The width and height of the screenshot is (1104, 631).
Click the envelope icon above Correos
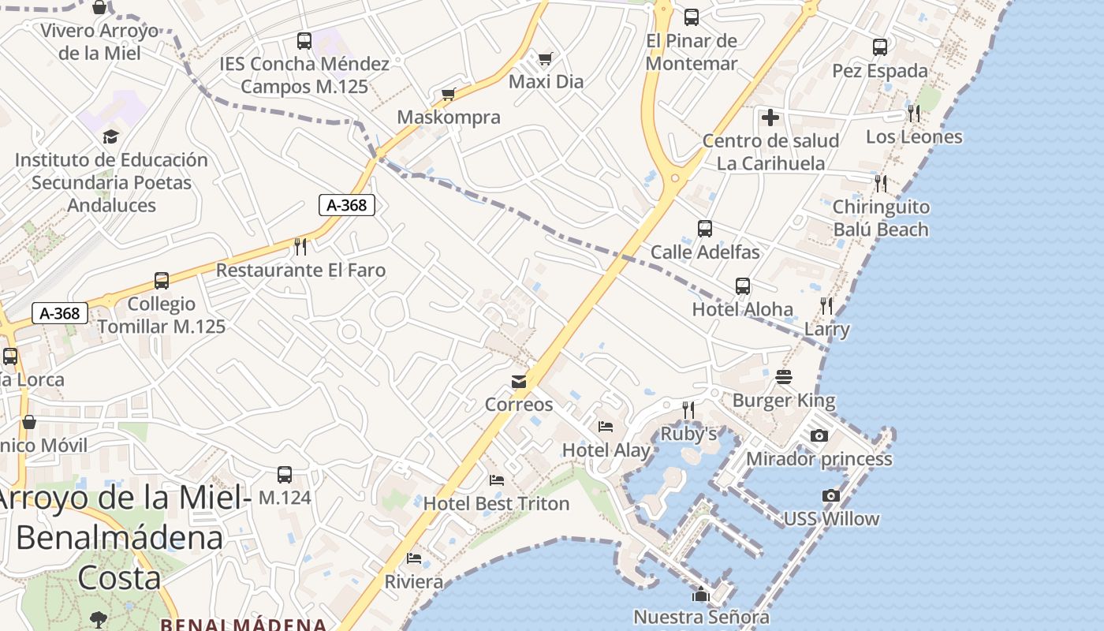[x=519, y=382]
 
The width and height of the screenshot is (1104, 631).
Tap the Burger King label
[x=783, y=400]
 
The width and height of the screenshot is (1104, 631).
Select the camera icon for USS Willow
[x=830, y=495]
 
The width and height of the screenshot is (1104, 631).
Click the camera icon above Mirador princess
[x=819, y=435]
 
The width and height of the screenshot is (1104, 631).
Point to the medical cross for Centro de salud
[x=770, y=118]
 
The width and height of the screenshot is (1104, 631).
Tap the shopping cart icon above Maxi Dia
[x=545, y=58]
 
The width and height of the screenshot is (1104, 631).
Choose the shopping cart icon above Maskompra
[x=449, y=95]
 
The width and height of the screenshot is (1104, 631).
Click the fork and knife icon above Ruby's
[x=688, y=410]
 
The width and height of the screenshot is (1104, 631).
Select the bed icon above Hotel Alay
[x=606, y=427]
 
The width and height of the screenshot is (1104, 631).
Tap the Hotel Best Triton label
[x=496, y=503]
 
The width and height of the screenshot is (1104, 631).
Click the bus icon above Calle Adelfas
[x=705, y=229]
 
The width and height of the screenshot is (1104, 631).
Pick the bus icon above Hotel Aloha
[x=742, y=286]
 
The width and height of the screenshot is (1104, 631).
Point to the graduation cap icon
[x=110, y=137]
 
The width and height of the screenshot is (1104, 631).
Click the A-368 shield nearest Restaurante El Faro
[x=346, y=205]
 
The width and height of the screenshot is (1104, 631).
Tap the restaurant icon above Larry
[x=826, y=306]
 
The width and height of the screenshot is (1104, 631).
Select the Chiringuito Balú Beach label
[x=881, y=218]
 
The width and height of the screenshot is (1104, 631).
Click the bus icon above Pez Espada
[x=880, y=47]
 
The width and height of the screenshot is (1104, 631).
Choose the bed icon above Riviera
[x=414, y=558]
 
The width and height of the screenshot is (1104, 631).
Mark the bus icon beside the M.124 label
[x=285, y=475]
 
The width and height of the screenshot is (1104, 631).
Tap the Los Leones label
[x=914, y=136]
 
